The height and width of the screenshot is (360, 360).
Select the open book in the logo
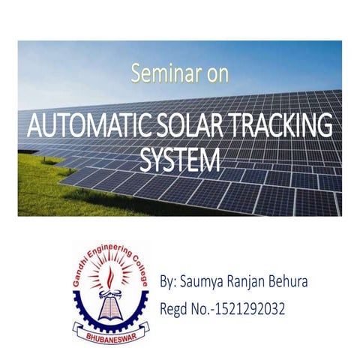tap(110, 308)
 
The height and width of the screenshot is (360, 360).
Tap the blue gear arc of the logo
tap(84, 310)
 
